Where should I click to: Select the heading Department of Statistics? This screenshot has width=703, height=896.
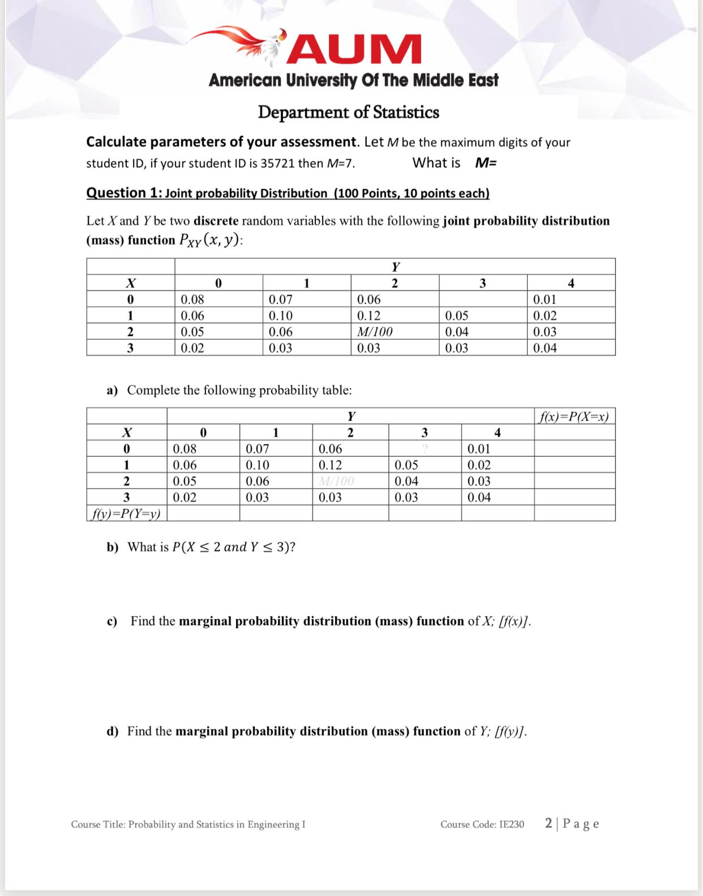pos(348,112)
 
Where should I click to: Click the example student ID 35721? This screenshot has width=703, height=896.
pos(278,164)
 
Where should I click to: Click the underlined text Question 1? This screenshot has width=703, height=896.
pos(123,193)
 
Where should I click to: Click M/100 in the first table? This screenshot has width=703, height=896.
pos(375,332)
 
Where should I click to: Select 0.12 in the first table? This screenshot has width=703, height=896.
pos(368,316)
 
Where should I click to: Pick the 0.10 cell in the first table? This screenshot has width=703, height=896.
pos(280,316)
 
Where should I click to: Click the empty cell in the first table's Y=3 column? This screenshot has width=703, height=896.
pos(482,299)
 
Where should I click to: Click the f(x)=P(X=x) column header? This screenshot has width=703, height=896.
pos(574,417)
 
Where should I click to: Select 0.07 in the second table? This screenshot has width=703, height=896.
pos(258,449)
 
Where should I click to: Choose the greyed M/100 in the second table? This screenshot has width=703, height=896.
pos(336,482)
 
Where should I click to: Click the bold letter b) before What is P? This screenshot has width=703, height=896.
pos(113,547)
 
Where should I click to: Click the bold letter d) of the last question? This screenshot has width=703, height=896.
pos(113,731)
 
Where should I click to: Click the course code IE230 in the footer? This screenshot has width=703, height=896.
pos(512,824)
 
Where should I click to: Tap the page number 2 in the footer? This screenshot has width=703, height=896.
pos(549,823)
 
